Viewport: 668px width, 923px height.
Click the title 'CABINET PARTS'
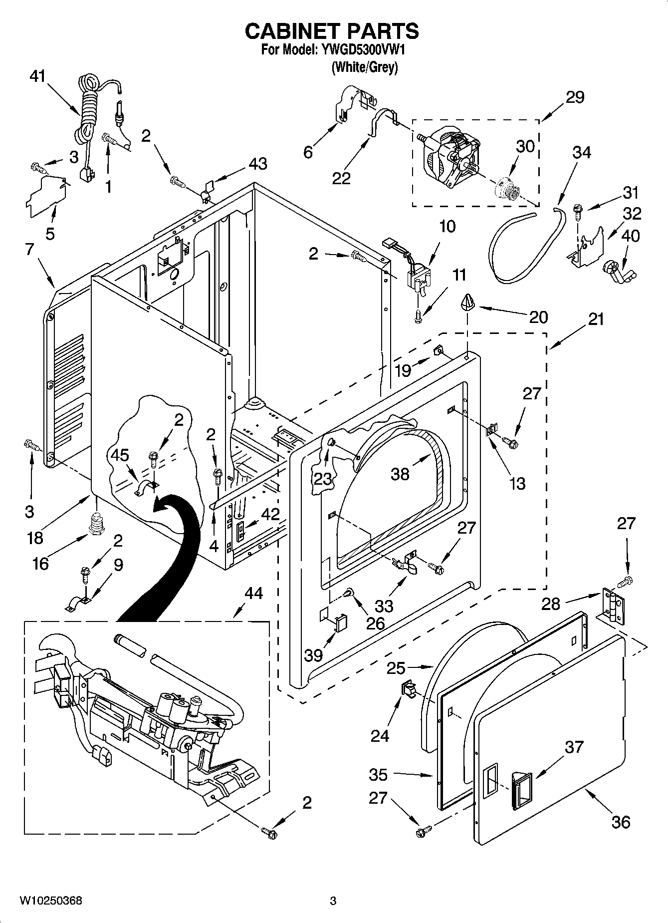click(x=332, y=31)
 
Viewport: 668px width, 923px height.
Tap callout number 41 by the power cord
click(x=37, y=76)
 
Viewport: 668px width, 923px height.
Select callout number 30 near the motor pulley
click(x=525, y=146)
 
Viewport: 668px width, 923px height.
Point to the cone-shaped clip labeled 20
click(x=467, y=303)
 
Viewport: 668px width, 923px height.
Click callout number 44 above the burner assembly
click(x=253, y=593)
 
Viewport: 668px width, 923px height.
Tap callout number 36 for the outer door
click(x=621, y=822)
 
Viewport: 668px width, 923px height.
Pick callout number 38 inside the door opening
click(x=400, y=474)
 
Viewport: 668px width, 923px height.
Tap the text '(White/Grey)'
click(x=365, y=67)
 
